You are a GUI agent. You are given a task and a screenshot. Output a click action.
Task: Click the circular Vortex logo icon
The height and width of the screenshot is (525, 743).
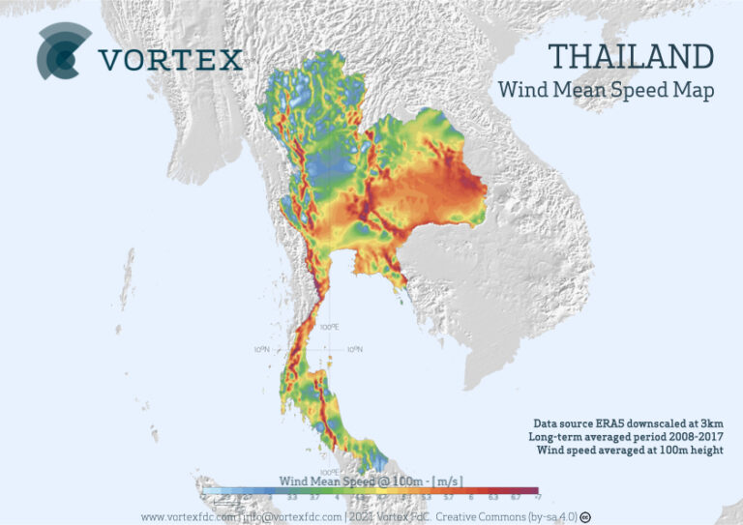pos(64,52)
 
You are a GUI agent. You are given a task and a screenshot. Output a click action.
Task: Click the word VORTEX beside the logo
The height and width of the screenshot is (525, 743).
pos(170,60)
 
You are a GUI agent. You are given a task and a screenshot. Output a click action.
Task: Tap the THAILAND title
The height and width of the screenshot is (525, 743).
pos(631,56)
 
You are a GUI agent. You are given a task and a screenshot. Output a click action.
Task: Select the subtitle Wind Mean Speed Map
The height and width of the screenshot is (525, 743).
pos(606,91)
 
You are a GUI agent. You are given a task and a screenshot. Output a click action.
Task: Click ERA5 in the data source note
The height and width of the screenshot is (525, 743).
pos(626,423)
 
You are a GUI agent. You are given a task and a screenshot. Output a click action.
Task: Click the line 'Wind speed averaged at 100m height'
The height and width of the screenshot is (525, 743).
pos(628,450)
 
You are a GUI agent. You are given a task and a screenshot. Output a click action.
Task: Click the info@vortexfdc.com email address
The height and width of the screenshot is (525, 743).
pos(290,516)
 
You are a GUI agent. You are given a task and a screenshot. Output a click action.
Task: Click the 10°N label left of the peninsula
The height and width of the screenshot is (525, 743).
pos(261,349)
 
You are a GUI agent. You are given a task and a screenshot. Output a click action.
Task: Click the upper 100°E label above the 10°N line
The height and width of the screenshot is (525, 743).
pos(329,327)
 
